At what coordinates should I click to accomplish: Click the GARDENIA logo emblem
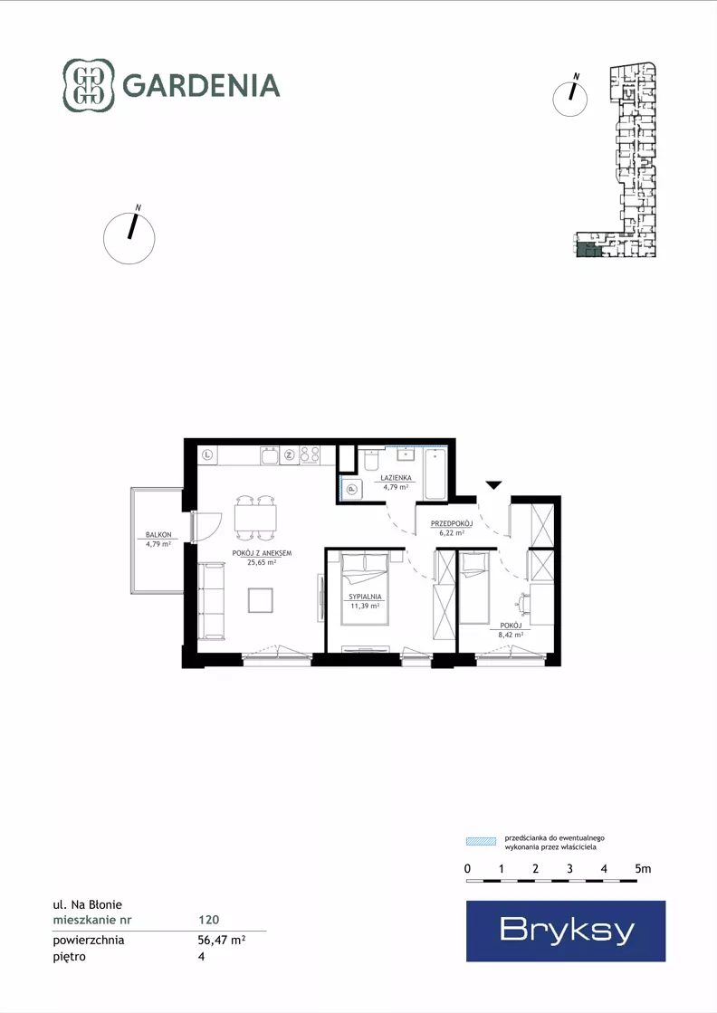(x=89, y=85)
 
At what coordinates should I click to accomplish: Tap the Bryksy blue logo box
(x=566, y=931)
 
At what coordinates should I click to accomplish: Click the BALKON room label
(x=159, y=535)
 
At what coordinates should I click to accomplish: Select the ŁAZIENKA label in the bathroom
(x=396, y=478)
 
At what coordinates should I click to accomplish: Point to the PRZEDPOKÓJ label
(x=452, y=524)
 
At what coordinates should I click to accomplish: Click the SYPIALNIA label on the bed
(x=365, y=597)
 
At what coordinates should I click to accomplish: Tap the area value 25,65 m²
(x=262, y=562)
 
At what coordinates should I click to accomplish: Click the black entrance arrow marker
(x=493, y=485)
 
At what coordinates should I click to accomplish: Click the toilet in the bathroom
(x=371, y=459)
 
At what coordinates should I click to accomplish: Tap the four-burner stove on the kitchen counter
(x=310, y=455)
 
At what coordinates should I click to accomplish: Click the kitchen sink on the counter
(x=270, y=455)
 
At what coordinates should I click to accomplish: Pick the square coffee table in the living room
(x=261, y=600)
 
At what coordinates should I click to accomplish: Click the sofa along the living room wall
(x=211, y=601)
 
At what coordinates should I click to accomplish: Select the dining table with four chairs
(x=256, y=518)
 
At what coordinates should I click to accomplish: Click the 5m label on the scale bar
(x=643, y=869)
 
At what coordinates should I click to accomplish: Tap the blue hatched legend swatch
(x=481, y=841)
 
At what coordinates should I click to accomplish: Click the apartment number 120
(x=208, y=920)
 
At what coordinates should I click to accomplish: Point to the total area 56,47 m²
(x=222, y=940)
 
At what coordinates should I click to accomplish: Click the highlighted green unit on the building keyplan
(x=588, y=249)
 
